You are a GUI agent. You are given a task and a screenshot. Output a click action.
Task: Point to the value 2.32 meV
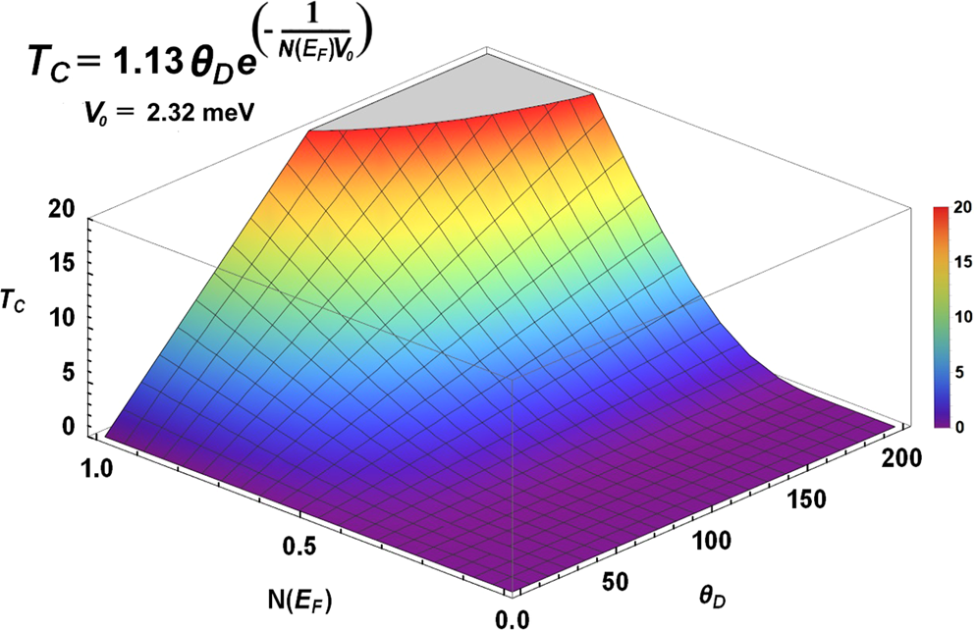[x=204, y=113]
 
